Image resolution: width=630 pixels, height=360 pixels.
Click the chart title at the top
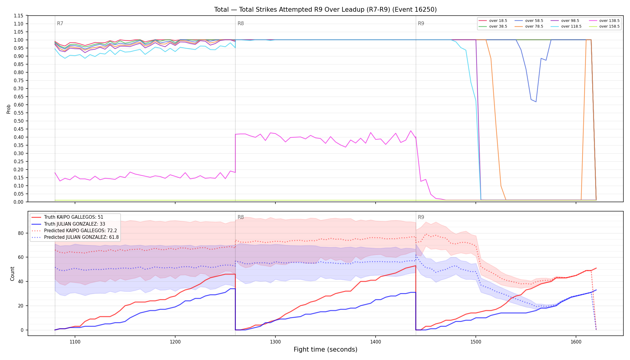point(325,10)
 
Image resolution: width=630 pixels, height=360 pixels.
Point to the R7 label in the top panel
point(60,23)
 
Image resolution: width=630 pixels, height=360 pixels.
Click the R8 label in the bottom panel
point(241,217)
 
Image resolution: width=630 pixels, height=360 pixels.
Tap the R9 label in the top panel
point(421,23)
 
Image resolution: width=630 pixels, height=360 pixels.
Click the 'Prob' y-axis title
point(9,109)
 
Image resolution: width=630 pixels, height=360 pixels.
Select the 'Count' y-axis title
point(12,274)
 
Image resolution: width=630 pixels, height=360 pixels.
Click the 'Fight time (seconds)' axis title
point(325,349)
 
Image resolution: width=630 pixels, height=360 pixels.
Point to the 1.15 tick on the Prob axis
point(19,16)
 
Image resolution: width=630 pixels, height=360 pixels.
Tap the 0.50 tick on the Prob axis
point(19,121)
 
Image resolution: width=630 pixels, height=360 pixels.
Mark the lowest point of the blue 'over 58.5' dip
point(536,102)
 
